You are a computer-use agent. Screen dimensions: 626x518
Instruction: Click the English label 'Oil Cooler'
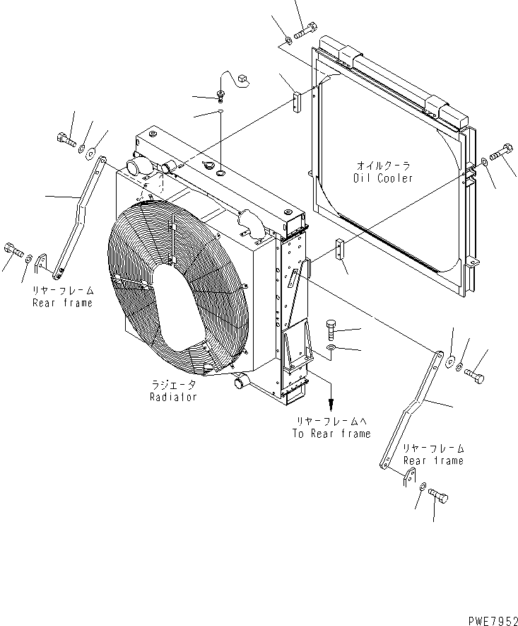(x=383, y=178)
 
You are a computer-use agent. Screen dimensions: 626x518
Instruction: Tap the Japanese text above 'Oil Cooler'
(x=383, y=166)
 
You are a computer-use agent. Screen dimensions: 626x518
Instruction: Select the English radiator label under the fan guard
(x=173, y=397)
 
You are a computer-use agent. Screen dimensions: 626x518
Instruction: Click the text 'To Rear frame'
(x=331, y=434)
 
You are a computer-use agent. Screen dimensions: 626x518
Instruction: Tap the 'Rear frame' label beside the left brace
(x=62, y=303)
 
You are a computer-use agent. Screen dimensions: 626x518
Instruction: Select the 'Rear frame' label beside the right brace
(x=433, y=460)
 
